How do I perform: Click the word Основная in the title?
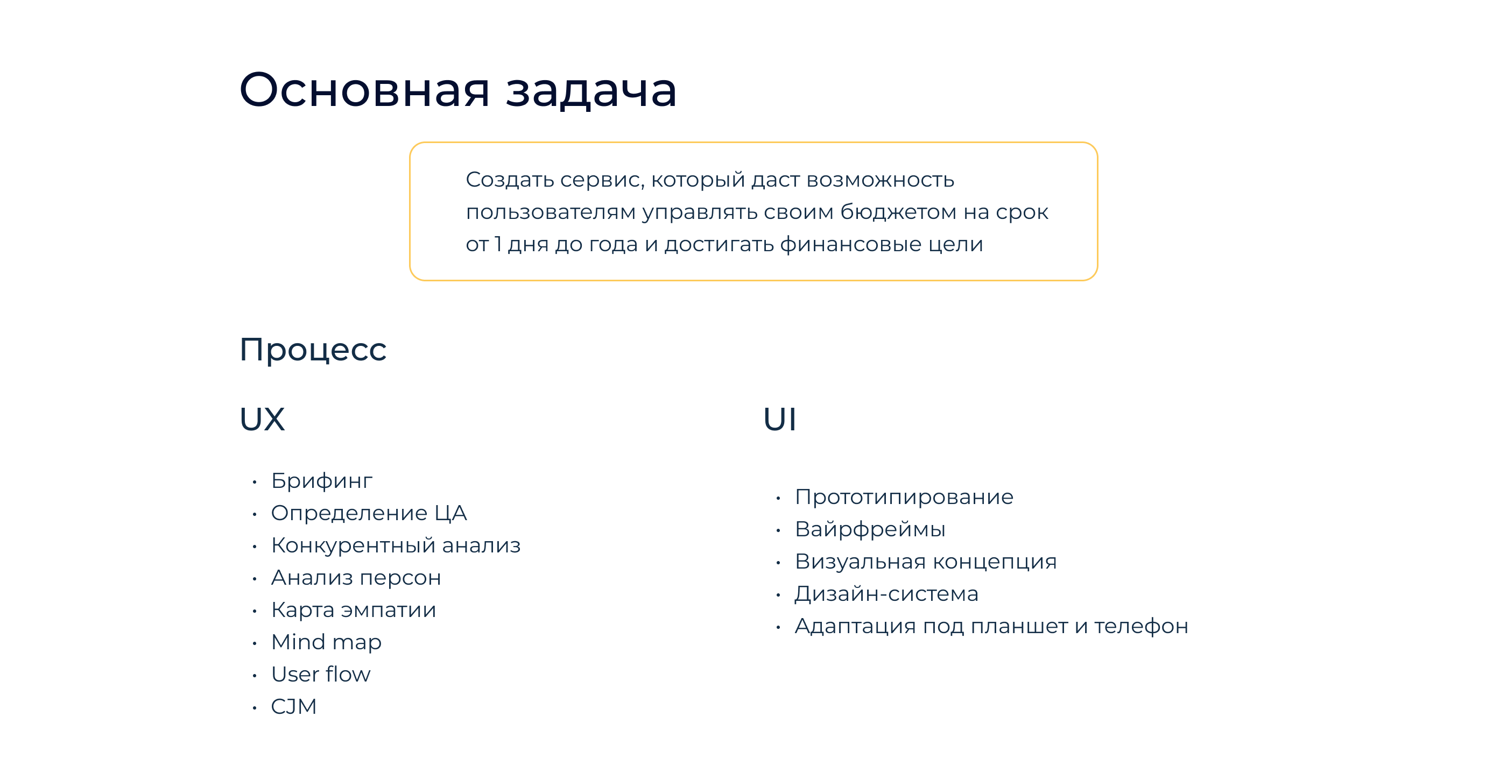click(x=364, y=90)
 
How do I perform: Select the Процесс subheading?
click(x=313, y=350)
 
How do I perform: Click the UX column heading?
click(x=262, y=419)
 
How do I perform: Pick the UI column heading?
click(x=779, y=419)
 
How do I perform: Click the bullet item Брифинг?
click(x=321, y=481)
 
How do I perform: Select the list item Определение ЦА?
click(x=369, y=513)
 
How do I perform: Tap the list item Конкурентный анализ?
click(x=396, y=545)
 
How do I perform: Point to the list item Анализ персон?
click(x=356, y=578)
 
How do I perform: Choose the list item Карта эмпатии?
click(x=354, y=610)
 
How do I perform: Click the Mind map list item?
click(x=326, y=642)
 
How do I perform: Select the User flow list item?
click(x=321, y=674)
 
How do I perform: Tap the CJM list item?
click(x=294, y=706)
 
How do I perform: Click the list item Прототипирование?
click(x=904, y=497)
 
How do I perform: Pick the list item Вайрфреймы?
click(x=870, y=529)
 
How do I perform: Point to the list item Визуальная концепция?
click(x=926, y=562)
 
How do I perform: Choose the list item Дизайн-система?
click(x=886, y=593)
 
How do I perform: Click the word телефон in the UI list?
click(x=1141, y=626)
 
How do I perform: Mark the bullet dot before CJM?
click(x=255, y=707)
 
